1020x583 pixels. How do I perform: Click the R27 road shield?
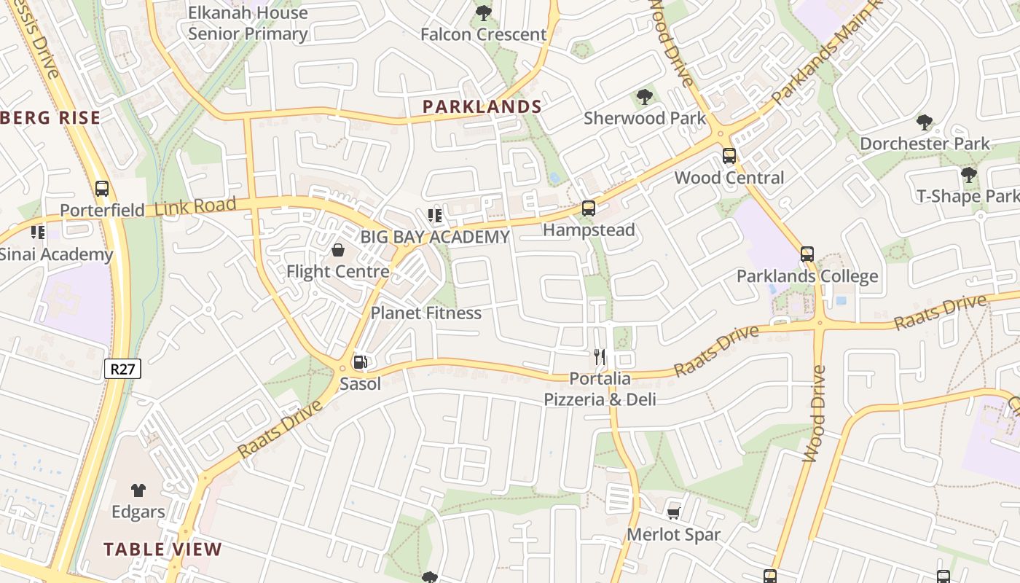point(122,369)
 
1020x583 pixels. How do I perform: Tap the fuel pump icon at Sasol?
point(360,362)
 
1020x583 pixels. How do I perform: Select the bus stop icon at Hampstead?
point(589,208)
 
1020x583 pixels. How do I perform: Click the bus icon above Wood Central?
point(729,155)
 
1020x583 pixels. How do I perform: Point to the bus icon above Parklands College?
point(807,254)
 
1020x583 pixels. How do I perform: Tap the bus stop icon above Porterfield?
point(102,189)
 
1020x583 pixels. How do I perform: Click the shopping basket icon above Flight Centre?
point(338,251)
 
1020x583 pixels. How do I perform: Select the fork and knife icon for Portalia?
point(600,357)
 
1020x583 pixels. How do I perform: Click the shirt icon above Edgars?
point(138,490)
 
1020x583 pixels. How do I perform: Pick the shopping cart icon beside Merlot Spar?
point(674,513)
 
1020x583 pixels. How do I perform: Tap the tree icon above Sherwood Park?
point(644,96)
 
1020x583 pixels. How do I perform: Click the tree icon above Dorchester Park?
point(925,122)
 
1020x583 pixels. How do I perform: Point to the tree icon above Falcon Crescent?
point(483,13)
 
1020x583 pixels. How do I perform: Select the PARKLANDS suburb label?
point(482,106)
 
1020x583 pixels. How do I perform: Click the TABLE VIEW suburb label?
point(162,549)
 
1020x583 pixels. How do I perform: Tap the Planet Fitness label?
point(426,313)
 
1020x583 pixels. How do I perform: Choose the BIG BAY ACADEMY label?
point(435,237)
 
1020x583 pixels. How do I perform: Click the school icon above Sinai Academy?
point(38,232)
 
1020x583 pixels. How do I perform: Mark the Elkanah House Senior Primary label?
point(248,23)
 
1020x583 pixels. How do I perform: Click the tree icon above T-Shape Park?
point(968,175)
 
